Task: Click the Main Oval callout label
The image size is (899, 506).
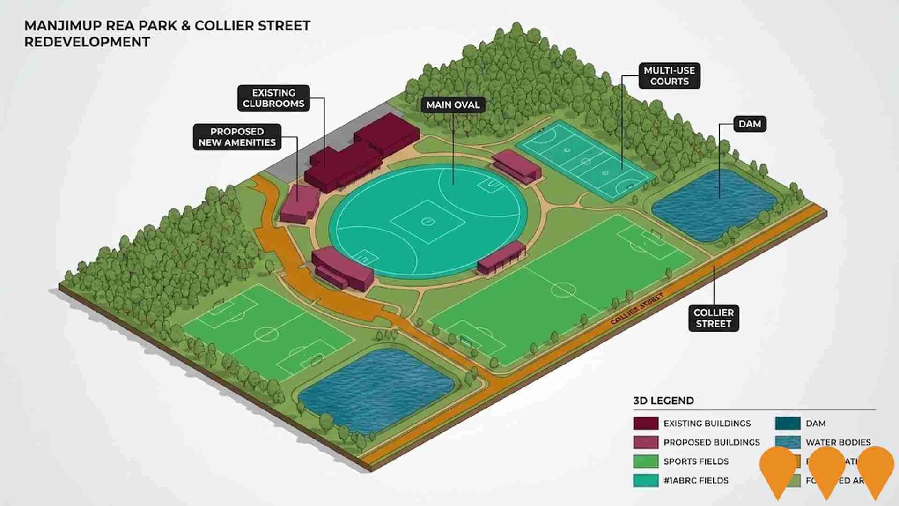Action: pyautogui.click(x=453, y=104)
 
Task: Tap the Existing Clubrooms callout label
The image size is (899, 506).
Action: pyautogui.click(x=273, y=98)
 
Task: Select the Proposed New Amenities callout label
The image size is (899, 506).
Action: pyautogui.click(x=237, y=137)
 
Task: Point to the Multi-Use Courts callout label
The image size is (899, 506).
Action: pyautogui.click(x=669, y=76)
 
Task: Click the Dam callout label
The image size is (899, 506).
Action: pyautogui.click(x=750, y=124)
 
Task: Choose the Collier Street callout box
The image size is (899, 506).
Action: pyautogui.click(x=713, y=318)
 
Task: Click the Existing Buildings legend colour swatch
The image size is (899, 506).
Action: pyautogui.click(x=646, y=423)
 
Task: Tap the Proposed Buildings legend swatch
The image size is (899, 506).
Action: pyautogui.click(x=646, y=442)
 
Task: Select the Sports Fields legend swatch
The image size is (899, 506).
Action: pyautogui.click(x=646, y=461)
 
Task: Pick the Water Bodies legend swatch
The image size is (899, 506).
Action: pyautogui.click(x=788, y=442)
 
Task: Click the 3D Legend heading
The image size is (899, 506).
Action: pyautogui.click(x=663, y=401)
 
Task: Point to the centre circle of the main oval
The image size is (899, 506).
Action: pyautogui.click(x=427, y=221)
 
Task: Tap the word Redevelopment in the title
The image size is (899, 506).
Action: pyautogui.click(x=87, y=42)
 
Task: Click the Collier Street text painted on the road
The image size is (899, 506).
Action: pyautogui.click(x=637, y=309)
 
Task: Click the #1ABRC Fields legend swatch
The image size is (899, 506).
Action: pyautogui.click(x=646, y=480)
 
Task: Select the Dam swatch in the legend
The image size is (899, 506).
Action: pyautogui.click(x=788, y=423)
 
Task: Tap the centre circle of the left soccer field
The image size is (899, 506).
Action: pyautogui.click(x=266, y=334)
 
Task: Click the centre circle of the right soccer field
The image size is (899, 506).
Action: pyautogui.click(x=563, y=289)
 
